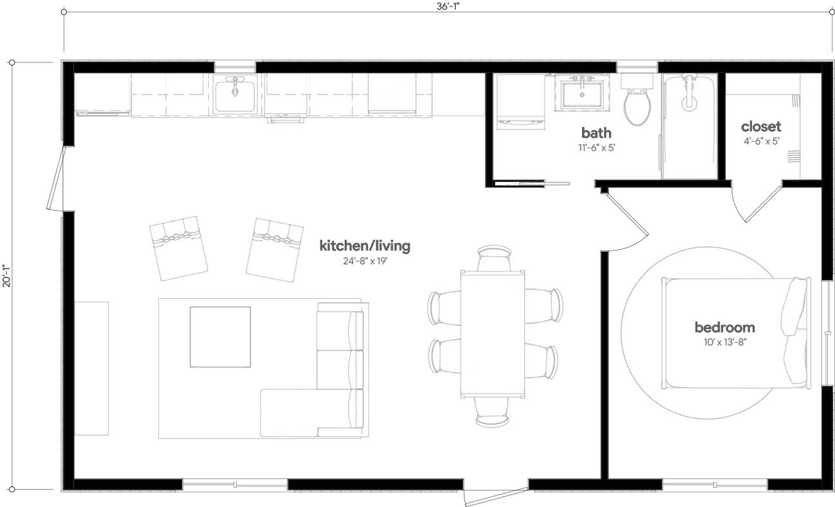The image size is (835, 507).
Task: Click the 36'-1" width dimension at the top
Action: (x=449, y=6)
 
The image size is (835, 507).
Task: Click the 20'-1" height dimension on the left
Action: (x=6, y=276)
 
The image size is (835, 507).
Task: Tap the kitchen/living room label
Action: (x=364, y=245)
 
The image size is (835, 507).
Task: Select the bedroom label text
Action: (x=725, y=328)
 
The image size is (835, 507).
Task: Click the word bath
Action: (x=596, y=133)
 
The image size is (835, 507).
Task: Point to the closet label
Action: (x=760, y=127)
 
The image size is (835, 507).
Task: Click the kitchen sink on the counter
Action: (x=235, y=94)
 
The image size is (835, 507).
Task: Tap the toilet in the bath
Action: (x=637, y=103)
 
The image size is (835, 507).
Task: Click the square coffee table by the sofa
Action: (x=220, y=337)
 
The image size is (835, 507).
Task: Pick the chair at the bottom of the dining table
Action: (x=493, y=412)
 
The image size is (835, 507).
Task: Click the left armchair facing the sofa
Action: (x=178, y=247)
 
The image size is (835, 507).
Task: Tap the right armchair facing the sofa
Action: (x=275, y=249)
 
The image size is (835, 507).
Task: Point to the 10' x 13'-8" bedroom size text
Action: (x=725, y=342)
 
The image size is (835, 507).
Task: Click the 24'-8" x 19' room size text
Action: (x=364, y=261)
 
